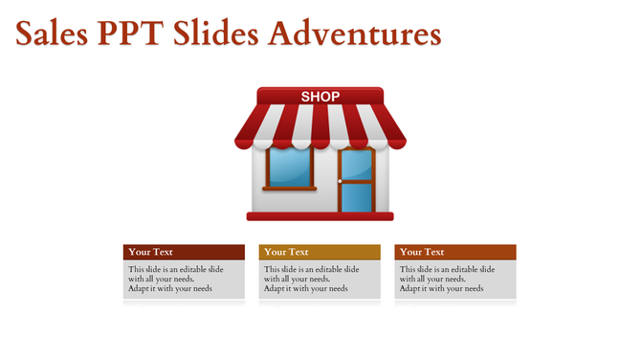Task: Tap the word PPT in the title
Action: (132, 34)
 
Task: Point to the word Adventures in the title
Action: (354, 34)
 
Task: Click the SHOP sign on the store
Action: (320, 97)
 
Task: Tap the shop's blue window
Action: (289, 167)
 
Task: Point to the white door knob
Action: (340, 181)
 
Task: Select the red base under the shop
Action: (320, 216)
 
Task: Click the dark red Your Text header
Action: (184, 252)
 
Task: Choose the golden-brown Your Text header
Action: (320, 252)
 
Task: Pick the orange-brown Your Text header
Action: (455, 252)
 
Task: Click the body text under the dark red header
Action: (176, 279)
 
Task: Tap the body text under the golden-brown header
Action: (312, 279)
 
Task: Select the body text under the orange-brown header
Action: (447, 279)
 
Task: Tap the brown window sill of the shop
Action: (289, 189)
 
